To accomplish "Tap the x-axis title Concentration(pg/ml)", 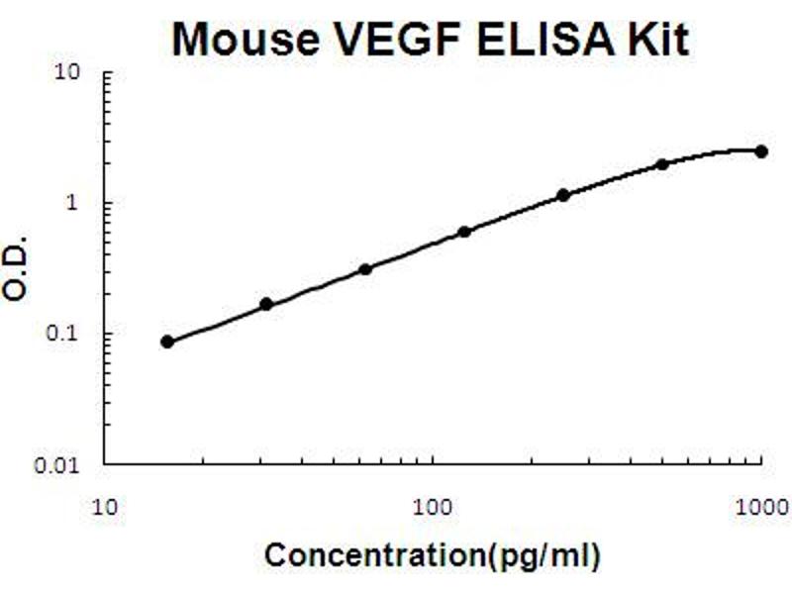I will coord(433,556).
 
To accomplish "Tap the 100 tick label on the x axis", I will coord(433,508).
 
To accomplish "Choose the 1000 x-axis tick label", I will coord(760,508).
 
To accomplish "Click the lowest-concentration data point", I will coord(167,342).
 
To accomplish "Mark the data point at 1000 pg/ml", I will coord(761,151).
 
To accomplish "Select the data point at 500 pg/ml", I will coord(662,164).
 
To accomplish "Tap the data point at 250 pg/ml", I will coord(563,195).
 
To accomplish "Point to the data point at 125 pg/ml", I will coord(464,232).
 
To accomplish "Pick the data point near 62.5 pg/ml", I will coord(365,269).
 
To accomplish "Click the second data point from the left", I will coord(266,304).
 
